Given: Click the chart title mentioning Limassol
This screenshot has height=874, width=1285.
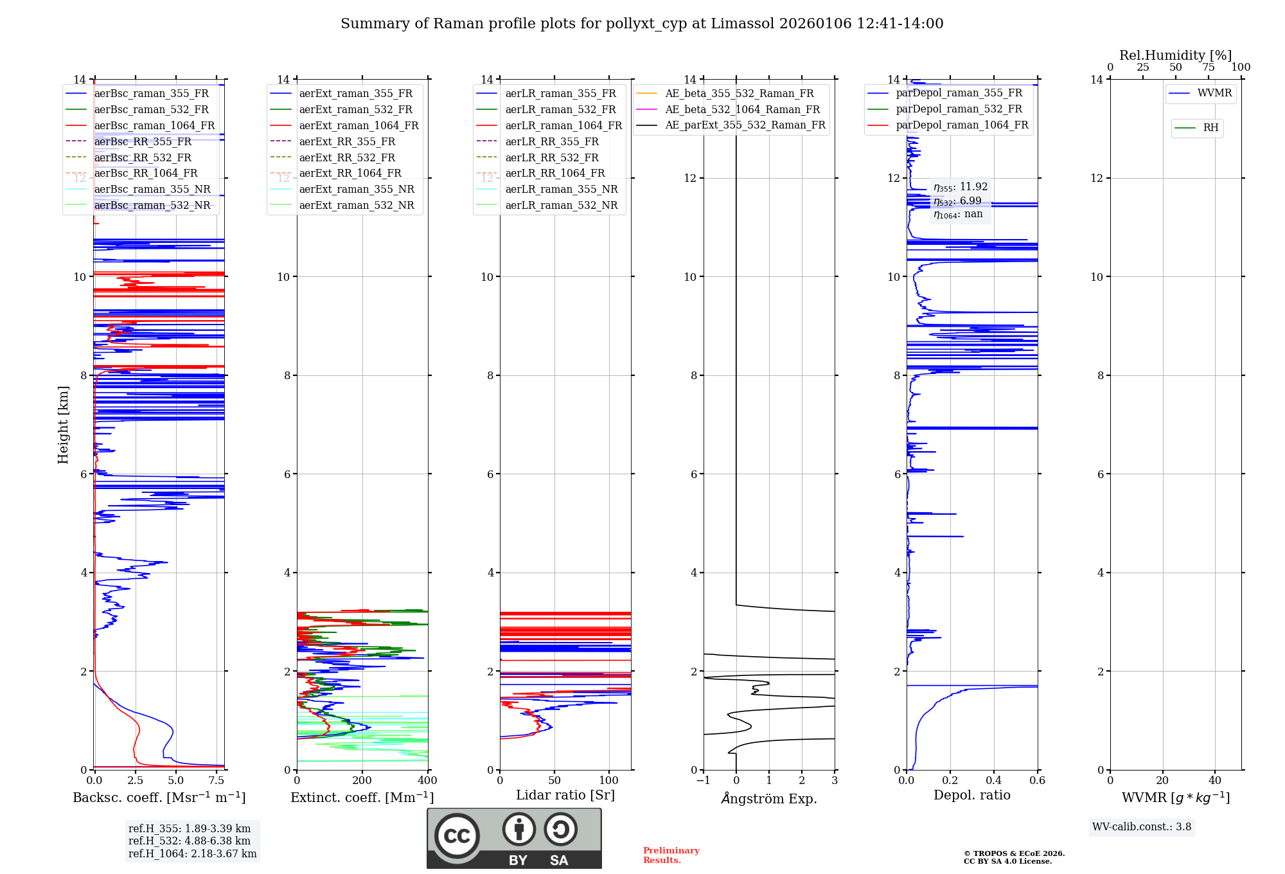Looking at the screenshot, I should (x=642, y=24).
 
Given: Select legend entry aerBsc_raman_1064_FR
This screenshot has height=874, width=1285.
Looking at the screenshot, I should (x=154, y=125).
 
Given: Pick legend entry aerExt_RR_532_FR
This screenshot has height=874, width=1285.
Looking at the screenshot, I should (x=347, y=157).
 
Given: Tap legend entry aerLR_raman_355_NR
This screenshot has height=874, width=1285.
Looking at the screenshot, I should (x=561, y=189).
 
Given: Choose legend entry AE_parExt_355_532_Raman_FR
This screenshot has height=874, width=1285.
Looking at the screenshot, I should (x=745, y=125).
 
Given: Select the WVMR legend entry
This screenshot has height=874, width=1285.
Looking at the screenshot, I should (x=1214, y=93).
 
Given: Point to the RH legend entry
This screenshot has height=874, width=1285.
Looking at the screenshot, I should (x=1210, y=128).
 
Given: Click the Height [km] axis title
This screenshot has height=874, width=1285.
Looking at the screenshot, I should (x=63, y=425).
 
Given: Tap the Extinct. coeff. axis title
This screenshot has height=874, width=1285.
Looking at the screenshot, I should (x=362, y=798).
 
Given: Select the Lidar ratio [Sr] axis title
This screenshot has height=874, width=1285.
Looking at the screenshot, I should (x=565, y=795).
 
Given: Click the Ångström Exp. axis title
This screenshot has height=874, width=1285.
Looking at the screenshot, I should (x=769, y=798).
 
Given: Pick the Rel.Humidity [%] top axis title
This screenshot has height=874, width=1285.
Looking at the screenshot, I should (x=1175, y=55).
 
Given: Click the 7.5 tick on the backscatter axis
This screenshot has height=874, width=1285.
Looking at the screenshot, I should (x=217, y=781).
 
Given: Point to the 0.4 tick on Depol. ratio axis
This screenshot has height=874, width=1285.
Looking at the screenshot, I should (x=994, y=781).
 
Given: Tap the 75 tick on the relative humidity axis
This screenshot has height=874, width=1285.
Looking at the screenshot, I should (x=1208, y=67).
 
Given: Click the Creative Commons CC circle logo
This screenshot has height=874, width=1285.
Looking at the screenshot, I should (x=457, y=835).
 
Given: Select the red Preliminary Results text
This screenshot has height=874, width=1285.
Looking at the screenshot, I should (x=671, y=855).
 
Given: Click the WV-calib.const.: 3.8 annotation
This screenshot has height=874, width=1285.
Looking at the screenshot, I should (x=1142, y=827).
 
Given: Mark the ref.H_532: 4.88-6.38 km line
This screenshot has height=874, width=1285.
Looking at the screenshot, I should (x=190, y=841).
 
